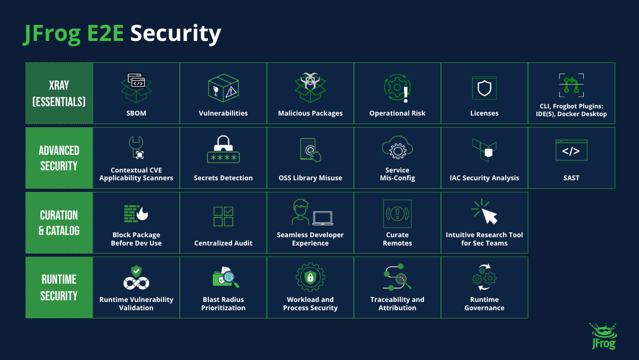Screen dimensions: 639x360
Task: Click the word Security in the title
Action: point(175,33)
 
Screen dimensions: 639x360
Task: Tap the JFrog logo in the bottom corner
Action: point(604,336)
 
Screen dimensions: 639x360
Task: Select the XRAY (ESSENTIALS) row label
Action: point(59,93)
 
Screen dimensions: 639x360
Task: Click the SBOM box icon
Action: point(136,87)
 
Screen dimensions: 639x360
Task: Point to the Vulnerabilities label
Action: point(223,113)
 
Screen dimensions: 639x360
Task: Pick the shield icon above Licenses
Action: point(484,88)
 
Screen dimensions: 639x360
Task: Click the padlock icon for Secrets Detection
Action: point(223,149)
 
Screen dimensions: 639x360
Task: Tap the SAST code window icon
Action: point(572,150)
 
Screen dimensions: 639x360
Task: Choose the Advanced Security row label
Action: point(59,158)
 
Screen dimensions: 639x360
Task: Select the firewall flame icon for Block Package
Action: point(136,213)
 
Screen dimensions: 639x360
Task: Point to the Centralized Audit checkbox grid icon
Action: point(223,216)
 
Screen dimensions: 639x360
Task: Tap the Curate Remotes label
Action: point(397,239)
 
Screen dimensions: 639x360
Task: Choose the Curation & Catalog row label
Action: point(59,223)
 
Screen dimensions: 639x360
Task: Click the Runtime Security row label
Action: point(59,288)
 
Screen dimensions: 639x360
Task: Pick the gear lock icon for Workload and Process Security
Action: point(310,277)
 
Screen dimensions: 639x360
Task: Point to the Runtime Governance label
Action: point(484,304)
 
